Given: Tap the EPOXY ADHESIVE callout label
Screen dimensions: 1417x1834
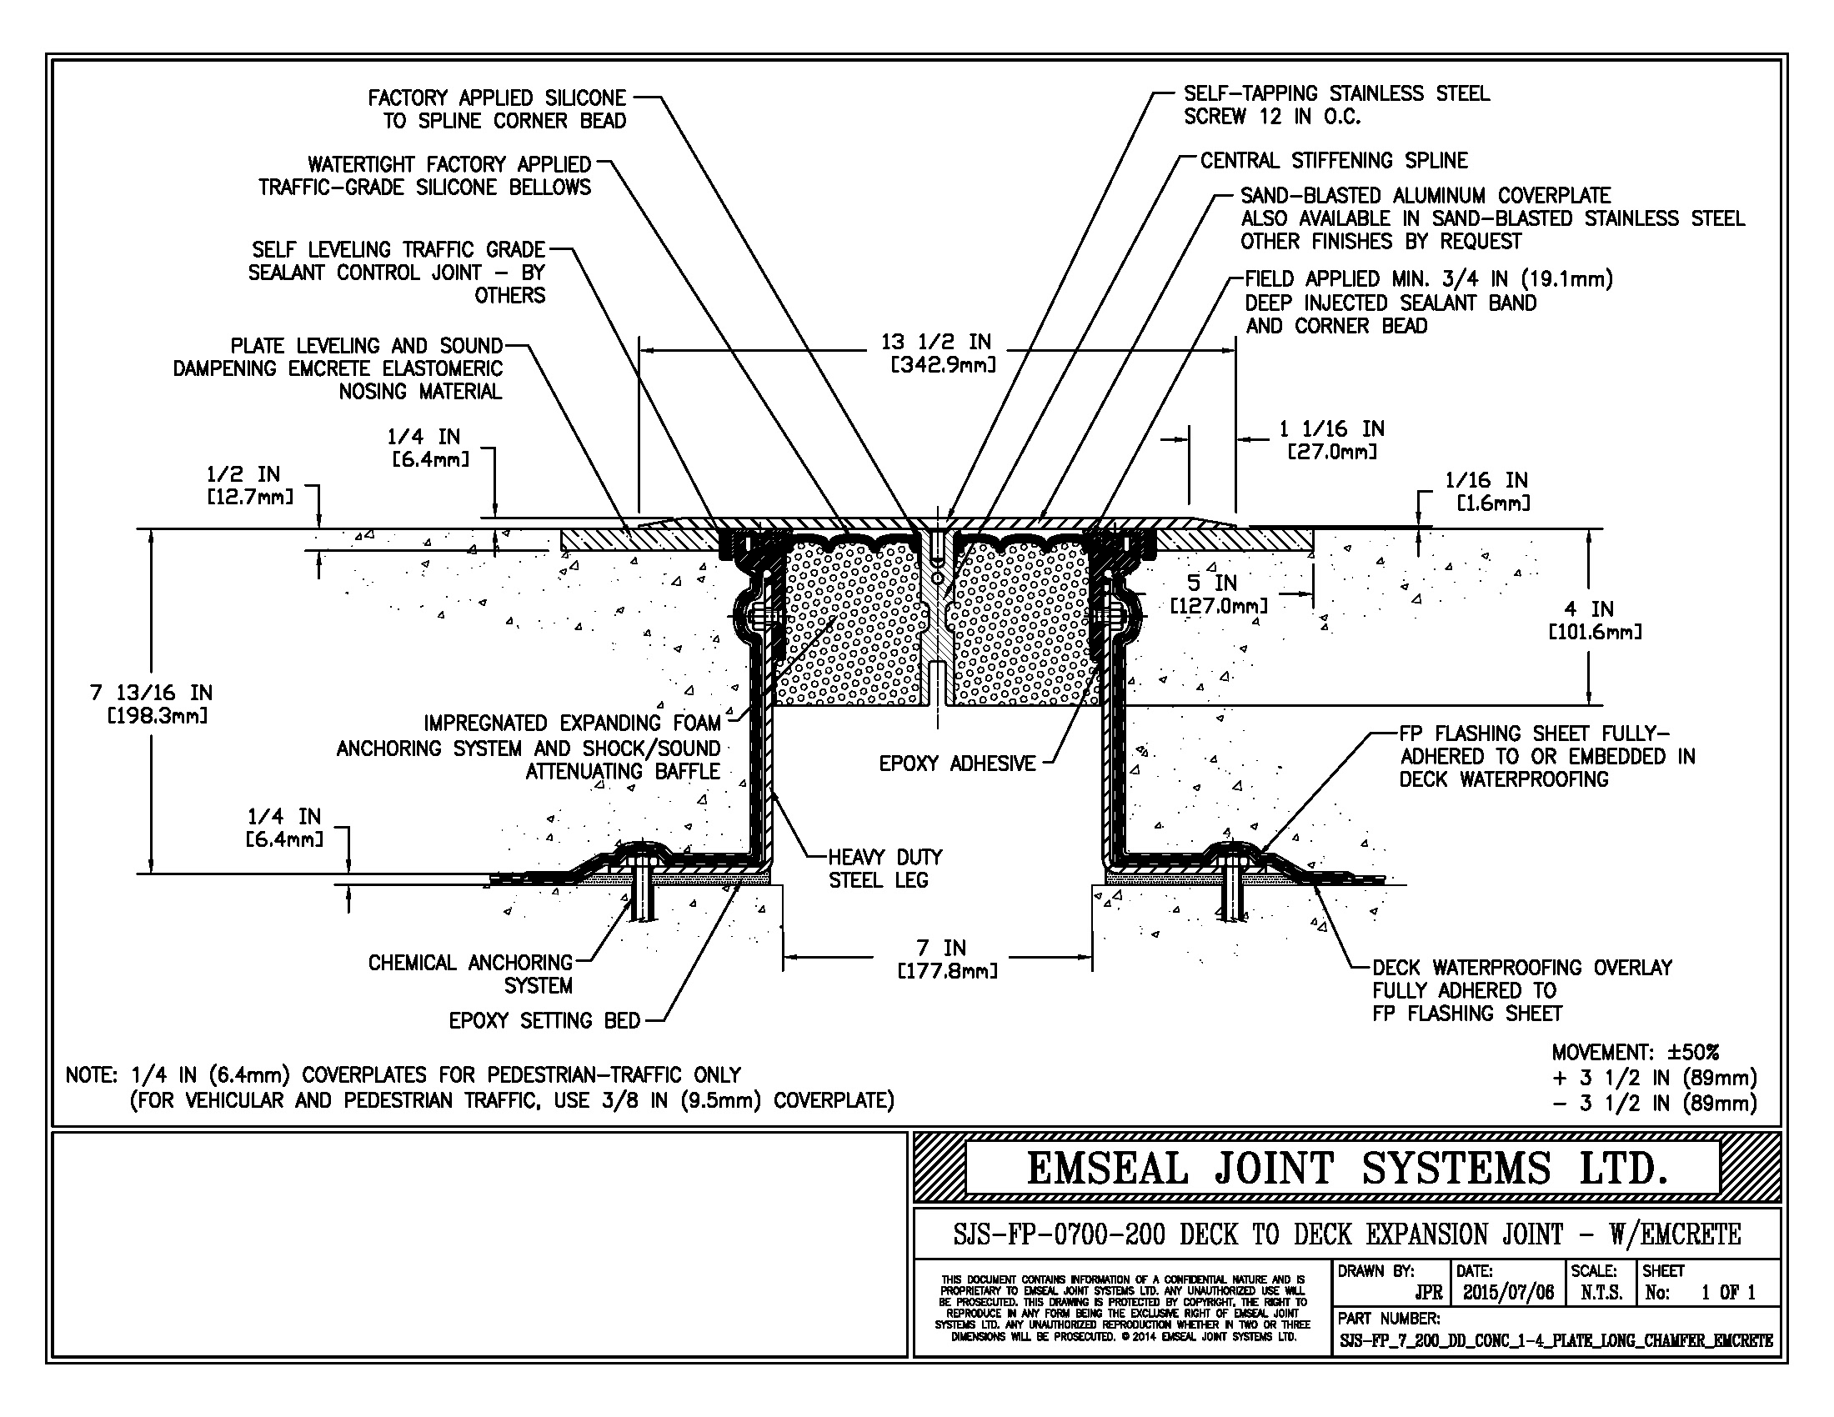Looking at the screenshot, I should pos(957,764).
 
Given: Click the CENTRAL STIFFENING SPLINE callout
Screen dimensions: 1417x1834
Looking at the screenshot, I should pos(1334,160).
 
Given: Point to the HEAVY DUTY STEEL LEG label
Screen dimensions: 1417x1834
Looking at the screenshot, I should pos(885,869).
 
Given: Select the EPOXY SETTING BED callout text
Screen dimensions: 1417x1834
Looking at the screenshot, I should pos(544,1021).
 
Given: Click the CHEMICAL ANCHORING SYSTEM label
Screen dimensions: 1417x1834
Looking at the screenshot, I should pos(470,974).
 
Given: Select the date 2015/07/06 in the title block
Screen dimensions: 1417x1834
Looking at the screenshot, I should pos(1508,1293).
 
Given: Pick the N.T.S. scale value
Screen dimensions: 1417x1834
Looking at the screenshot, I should pos(1601,1293).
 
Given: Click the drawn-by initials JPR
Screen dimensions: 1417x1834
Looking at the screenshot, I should pos(1428,1293).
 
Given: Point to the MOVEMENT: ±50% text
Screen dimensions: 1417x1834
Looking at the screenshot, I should pos(1635,1053).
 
